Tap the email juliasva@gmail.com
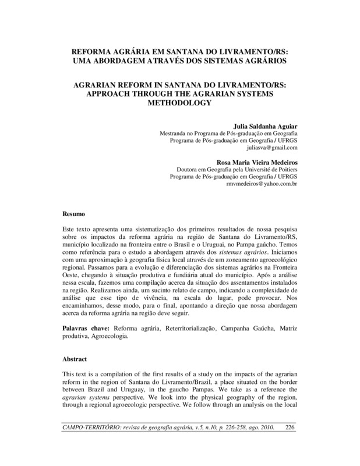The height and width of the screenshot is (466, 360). (273, 149)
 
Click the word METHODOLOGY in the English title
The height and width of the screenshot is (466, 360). (181, 104)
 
